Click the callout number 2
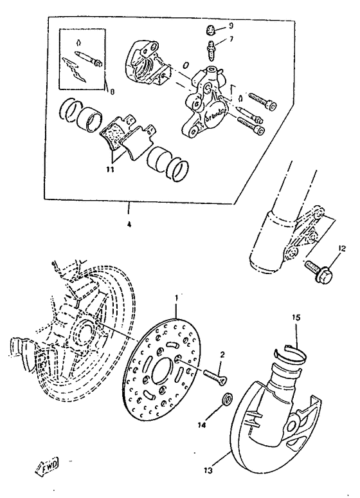tap(222, 355)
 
